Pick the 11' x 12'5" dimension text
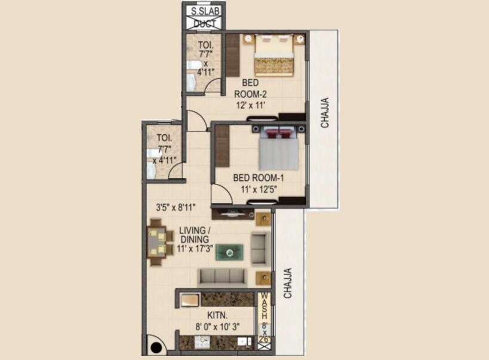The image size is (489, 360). pyautogui.click(x=258, y=190)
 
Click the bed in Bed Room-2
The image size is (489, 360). pyautogui.click(x=274, y=56)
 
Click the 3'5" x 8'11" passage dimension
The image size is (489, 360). pyautogui.click(x=176, y=208)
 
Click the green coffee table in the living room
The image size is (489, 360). pyautogui.click(x=229, y=252)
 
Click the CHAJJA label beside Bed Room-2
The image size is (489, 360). pyautogui.click(x=325, y=113)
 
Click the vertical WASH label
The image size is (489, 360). pyautogui.click(x=264, y=307)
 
